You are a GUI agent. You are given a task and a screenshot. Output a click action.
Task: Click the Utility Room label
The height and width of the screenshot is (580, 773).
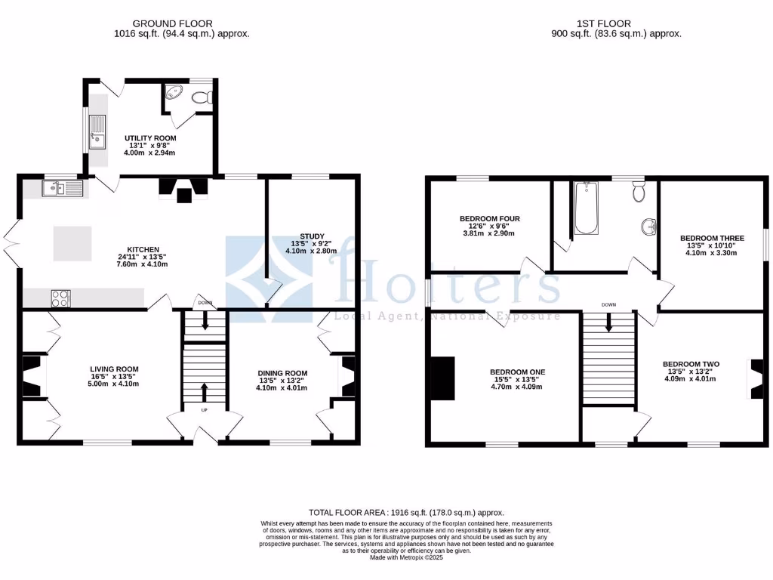[x=150, y=138]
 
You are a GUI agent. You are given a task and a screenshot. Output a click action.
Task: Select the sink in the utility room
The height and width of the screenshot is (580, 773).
[x=97, y=131]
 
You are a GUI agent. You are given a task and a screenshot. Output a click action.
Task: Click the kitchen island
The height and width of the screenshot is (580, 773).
[x=72, y=245]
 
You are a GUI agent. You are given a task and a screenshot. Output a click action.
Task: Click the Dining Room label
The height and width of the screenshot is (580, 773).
[x=282, y=373]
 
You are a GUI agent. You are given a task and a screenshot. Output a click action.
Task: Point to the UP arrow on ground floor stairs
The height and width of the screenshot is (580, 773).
[x=205, y=393]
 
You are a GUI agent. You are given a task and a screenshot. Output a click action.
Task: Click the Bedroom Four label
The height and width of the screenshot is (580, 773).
[x=490, y=219]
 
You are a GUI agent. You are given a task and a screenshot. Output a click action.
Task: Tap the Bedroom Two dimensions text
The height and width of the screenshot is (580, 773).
[x=691, y=378]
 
